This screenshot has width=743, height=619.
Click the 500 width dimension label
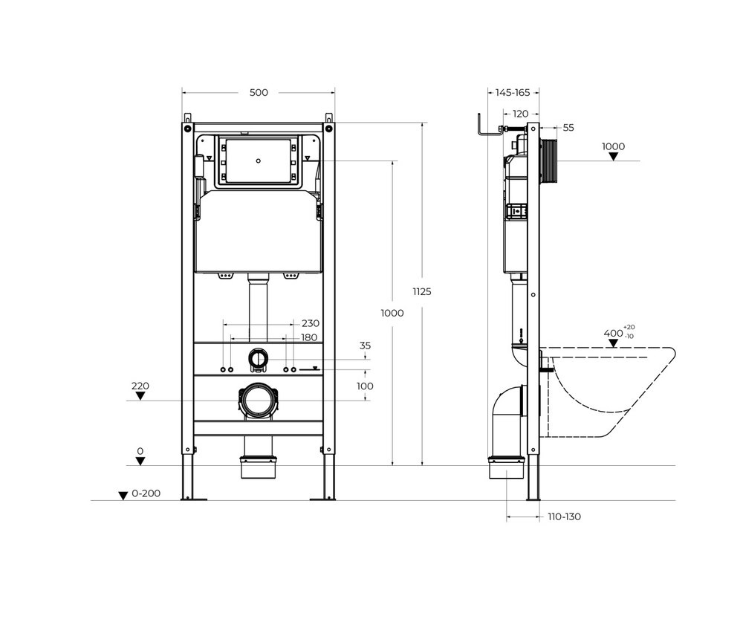pyautogui.click(x=259, y=92)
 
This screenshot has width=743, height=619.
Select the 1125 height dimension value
pyautogui.click(x=421, y=291)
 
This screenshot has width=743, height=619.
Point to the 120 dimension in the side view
pyautogui.click(x=521, y=114)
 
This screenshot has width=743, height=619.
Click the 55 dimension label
pyautogui.click(x=568, y=128)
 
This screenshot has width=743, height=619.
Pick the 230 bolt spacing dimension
pyautogui.click(x=311, y=323)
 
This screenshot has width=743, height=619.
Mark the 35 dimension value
pyautogui.click(x=365, y=346)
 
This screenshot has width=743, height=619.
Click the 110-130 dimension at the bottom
pyautogui.click(x=565, y=516)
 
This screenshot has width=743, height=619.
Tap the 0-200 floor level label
pyautogui.click(x=146, y=493)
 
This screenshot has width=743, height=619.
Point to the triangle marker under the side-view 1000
pyautogui.click(x=613, y=157)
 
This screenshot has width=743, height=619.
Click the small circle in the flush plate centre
pyautogui.click(x=258, y=160)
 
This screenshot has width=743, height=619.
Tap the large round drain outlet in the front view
pyautogui.click(x=258, y=401)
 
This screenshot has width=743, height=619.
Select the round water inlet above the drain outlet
pyautogui.click(x=258, y=358)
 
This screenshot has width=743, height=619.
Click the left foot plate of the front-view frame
pyautogui.click(x=193, y=498)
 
